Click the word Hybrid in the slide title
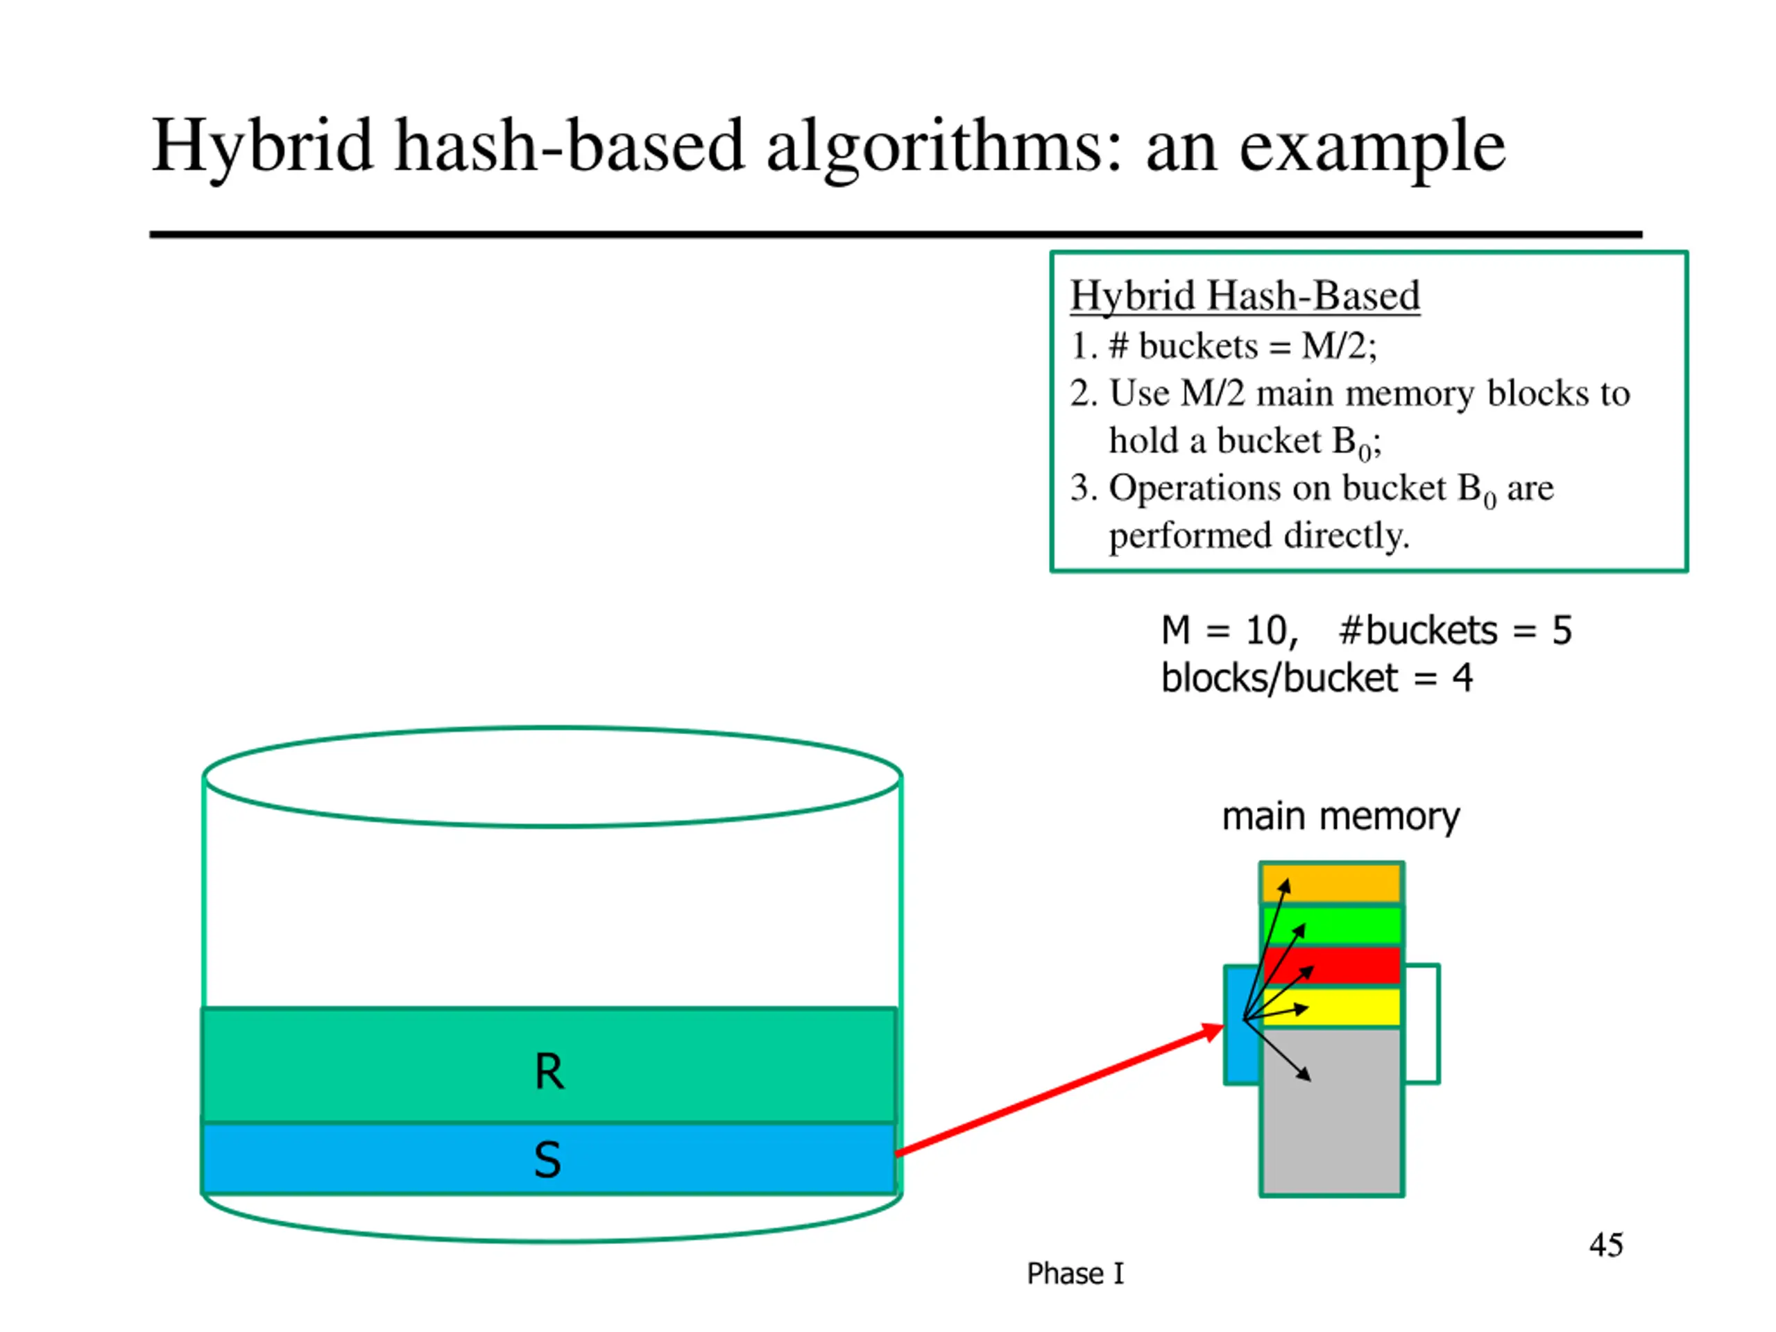pyautogui.click(x=262, y=147)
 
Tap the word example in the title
pyautogui.click(x=1372, y=147)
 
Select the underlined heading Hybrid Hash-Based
pyautogui.click(x=1245, y=296)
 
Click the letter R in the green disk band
pyautogui.click(x=549, y=1071)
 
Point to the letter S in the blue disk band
pyautogui.click(x=547, y=1159)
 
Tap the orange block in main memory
pyautogui.click(x=1332, y=883)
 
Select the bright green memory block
pyautogui.click(x=1332, y=925)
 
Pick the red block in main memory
pyautogui.click(x=1332, y=966)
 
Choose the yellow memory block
pyautogui.click(x=1332, y=1007)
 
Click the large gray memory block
pyautogui.click(x=1332, y=1112)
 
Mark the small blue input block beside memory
pyautogui.click(x=1242, y=1025)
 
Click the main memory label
pyautogui.click(x=1341, y=817)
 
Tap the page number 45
pyautogui.click(x=1606, y=1245)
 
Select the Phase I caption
pyautogui.click(x=1075, y=1274)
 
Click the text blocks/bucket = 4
pyautogui.click(x=1317, y=678)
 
